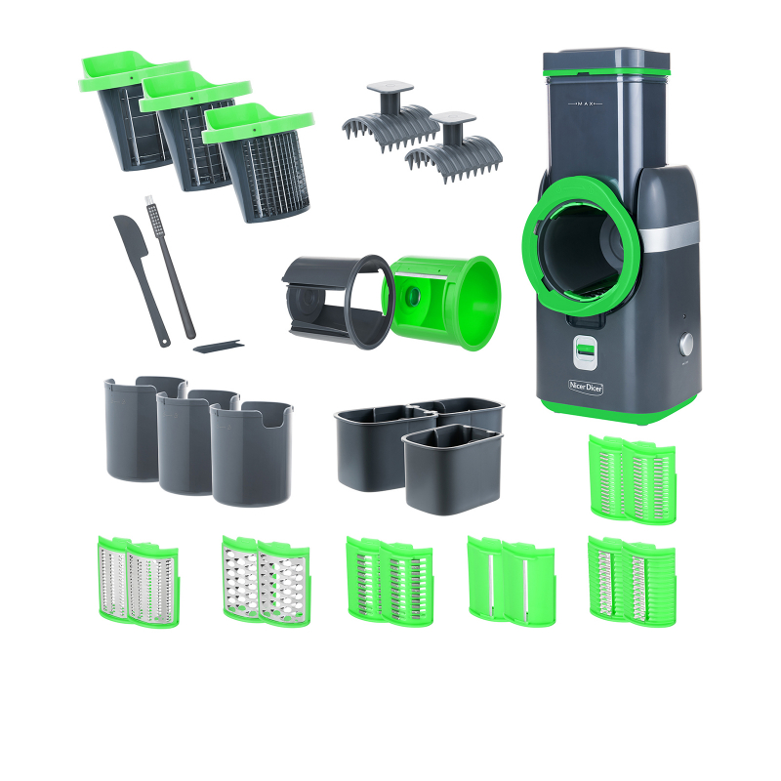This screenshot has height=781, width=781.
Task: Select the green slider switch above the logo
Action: click(x=586, y=349)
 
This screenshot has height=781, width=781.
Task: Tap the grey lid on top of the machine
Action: click(x=605, y=58)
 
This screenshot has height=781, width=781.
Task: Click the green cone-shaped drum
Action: click(x=449, y=303)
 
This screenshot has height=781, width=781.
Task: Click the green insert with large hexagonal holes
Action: click(x=266, y=581)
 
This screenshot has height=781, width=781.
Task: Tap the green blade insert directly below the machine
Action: click(x=632, y=478)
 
